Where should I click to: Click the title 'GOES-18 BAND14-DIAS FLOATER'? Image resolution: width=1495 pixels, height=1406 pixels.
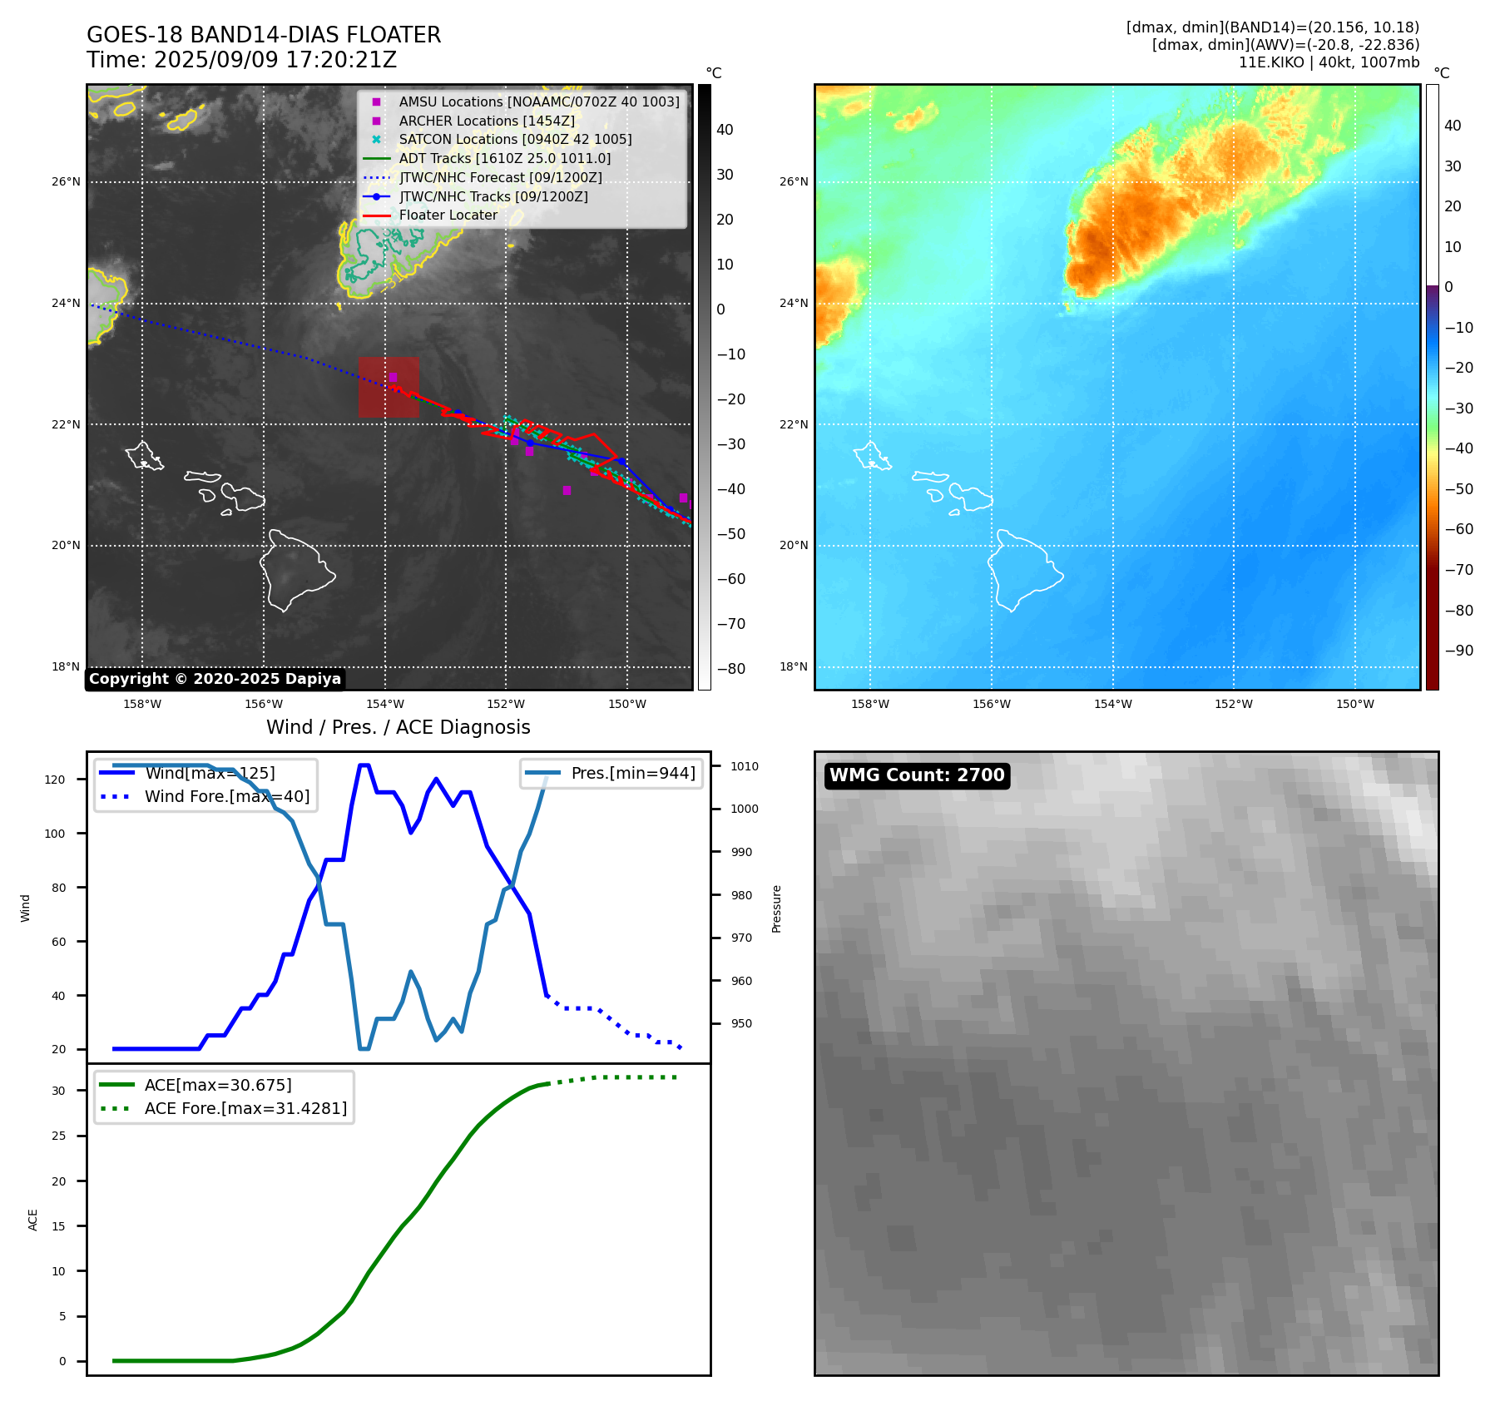(x=264, y=35)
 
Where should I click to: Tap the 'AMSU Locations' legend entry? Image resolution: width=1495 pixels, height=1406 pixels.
(x=538, y=101)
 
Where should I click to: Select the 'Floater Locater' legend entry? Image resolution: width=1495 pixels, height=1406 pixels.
(x=448, y=215)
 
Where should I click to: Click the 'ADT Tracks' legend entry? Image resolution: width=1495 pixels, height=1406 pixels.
(x=504, y=158)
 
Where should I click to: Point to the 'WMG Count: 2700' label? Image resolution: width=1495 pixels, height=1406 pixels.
(x=917, y=775)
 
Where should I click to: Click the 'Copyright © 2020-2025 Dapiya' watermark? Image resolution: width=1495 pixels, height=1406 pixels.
(x=215, y=679)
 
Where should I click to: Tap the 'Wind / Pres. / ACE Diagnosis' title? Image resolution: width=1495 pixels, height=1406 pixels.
(x=398, y=727)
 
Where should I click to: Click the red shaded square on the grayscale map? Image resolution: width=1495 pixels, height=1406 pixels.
(x=389, y=387)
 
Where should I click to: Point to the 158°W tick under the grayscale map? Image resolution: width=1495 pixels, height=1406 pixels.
(x=142, y=704)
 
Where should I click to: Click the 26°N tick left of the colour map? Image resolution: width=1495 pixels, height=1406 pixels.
(x=793, y=181)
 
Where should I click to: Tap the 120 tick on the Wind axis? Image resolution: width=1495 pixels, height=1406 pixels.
(x=55, y=780)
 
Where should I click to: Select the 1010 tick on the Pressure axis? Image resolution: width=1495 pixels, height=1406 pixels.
(x=745, y=766)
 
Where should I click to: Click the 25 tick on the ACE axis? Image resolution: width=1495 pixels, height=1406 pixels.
(x=58, y=1136)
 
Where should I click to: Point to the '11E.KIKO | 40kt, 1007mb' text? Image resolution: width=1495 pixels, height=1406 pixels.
(x=1329, y=62)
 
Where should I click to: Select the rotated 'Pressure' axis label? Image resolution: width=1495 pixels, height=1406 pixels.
(x=776, y=908)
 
